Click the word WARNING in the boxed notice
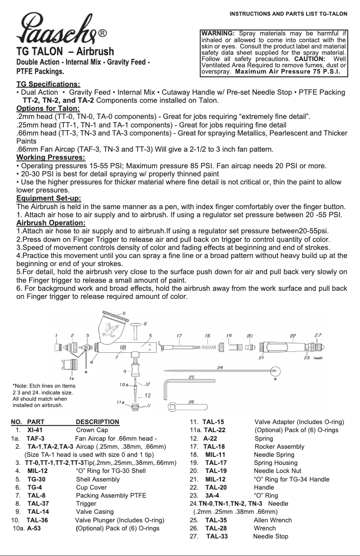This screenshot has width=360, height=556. (218, 33)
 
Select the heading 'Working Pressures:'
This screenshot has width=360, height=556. (51, 158)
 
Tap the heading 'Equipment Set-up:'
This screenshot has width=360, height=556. (48, 198)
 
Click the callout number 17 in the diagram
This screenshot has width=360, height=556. (179, 336)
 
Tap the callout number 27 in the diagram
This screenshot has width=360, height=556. (318, 335)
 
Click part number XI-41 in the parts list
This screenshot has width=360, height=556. (35, 430)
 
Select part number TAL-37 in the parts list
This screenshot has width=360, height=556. (38, 503)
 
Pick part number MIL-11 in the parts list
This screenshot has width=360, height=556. (215, 455)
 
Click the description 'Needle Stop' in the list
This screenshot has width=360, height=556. (271, 536)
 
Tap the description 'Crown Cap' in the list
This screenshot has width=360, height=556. (92, 430)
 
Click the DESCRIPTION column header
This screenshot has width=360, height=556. (97, 422)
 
